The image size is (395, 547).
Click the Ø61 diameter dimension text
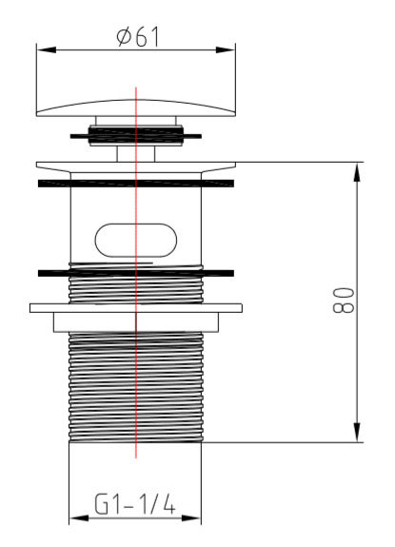[x=137, y=36]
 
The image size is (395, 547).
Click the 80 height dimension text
[x=345, y=301]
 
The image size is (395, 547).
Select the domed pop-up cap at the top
[x=136, y=103]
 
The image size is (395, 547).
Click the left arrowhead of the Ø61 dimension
[x=41, y=49]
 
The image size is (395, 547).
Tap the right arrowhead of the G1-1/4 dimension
[x=199, y=519]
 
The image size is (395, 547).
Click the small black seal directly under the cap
[x=136, y=135]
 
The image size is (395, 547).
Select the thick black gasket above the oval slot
[x=136, y=181]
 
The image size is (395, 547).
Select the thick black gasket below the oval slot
[x=136, y=273]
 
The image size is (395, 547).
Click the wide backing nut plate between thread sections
[x=136, y=309]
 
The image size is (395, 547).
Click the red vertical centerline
[x=136, y=419]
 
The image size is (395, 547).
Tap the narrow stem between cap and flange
[x=136, y=152]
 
